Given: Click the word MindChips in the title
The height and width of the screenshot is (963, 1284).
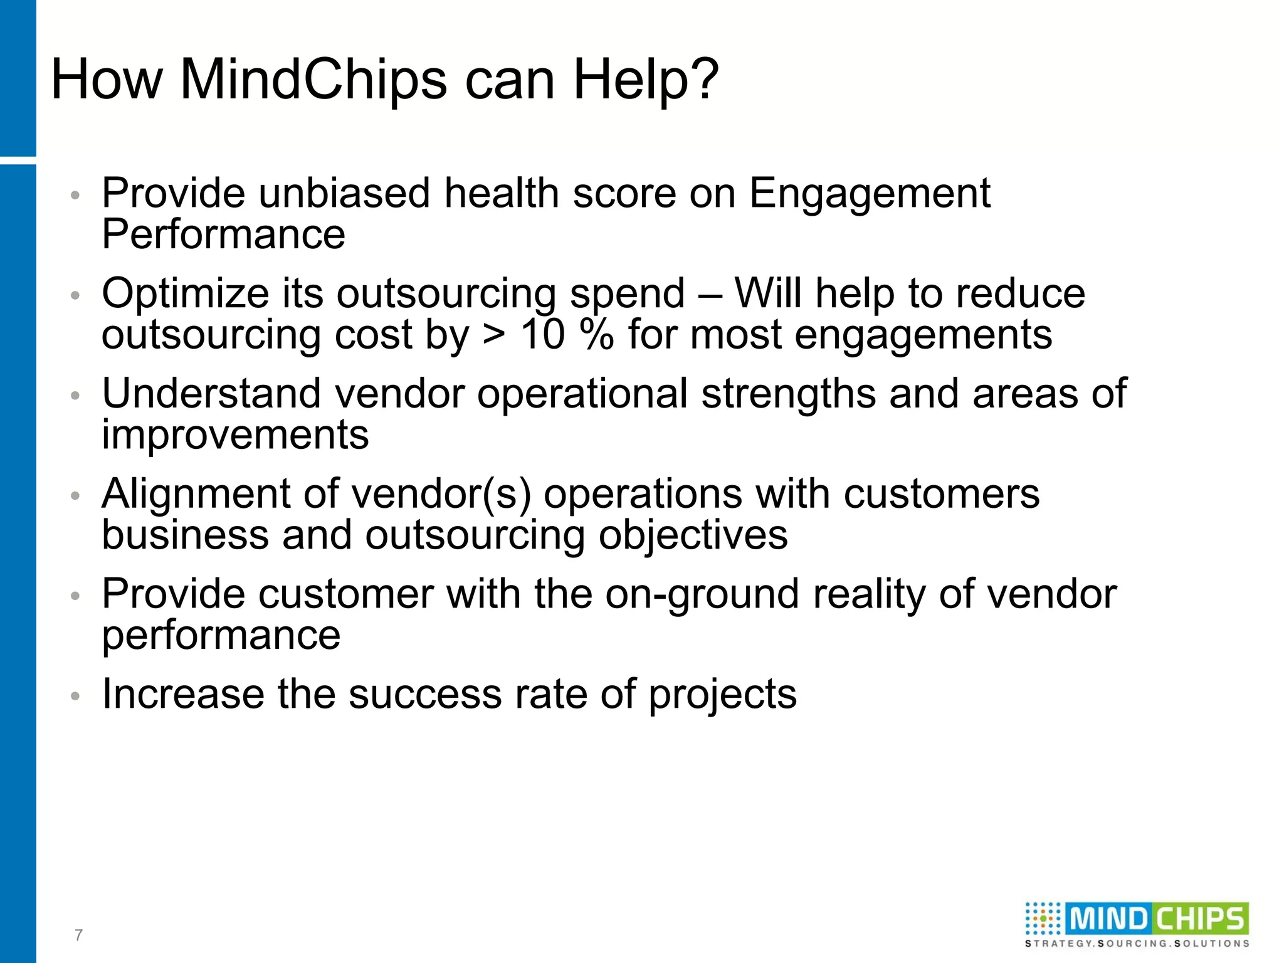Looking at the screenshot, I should (x=313, y=80).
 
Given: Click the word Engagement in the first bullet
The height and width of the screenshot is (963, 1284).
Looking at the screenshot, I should (x=870, y=194).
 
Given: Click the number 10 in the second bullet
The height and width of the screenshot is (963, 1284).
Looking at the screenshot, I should (x=543, y=334).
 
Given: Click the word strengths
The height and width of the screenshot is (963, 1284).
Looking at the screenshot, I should (x=788, y=395).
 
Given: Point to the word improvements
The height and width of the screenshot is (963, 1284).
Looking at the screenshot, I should (x=235, y=434).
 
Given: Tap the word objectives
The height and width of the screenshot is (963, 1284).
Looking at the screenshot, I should (x=693, y=536).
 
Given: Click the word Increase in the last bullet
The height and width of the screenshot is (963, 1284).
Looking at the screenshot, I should (x=183, y=694).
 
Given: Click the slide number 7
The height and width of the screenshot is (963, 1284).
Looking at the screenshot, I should (x=78, y=935).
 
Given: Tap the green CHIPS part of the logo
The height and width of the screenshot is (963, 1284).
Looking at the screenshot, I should (x=1199, y=920).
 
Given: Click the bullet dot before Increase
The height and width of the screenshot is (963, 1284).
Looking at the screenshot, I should (x=75, y=696).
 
